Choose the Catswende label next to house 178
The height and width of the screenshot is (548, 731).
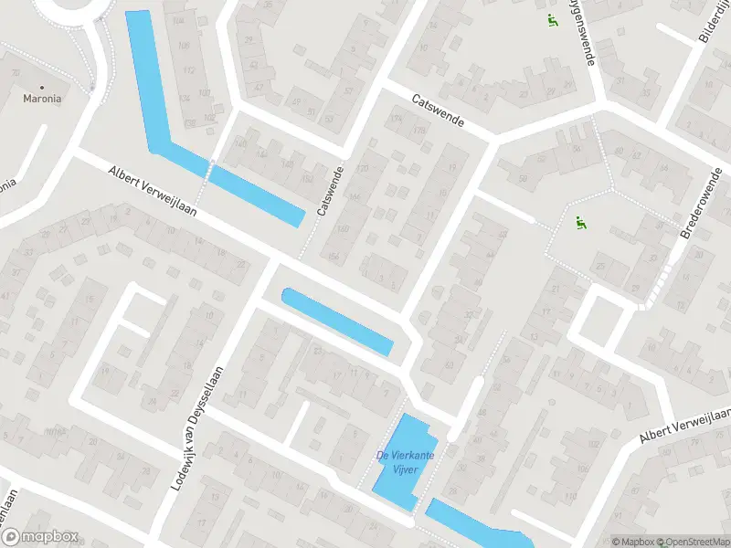438,110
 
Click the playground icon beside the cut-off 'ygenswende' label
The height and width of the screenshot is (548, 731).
551,22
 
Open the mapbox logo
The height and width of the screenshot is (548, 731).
40,537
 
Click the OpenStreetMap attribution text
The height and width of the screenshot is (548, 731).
694,542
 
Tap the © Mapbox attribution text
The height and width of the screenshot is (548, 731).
633,542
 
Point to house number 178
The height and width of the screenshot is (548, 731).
419,130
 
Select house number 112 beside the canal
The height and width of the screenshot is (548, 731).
190,70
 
